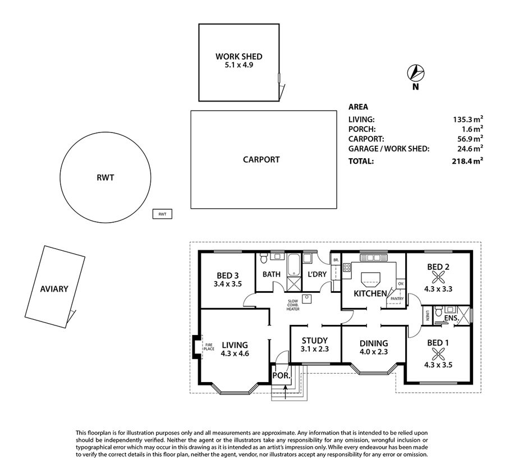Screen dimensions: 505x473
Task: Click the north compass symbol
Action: tap(416, 73)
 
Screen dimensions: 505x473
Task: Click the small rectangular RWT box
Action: tap(162, 214)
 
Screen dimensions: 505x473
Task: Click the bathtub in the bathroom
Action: tap(293, 265)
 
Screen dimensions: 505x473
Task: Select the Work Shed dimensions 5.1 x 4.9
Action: tap(238, 65)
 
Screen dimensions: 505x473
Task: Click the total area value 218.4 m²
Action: tap(467, 160)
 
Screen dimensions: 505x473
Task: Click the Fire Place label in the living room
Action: tap(209, 347)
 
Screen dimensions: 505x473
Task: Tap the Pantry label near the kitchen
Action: tap(397, 299)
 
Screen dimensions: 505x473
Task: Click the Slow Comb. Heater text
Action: tap(293, 305)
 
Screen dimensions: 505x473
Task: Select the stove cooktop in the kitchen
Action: tap(347, 267)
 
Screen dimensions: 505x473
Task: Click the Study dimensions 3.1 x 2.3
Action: tap(315, 349)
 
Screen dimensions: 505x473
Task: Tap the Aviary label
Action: tap(54, 289)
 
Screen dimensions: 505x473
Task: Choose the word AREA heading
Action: tap(358, 107)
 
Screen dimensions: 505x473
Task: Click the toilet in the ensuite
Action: tap(438, 311)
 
